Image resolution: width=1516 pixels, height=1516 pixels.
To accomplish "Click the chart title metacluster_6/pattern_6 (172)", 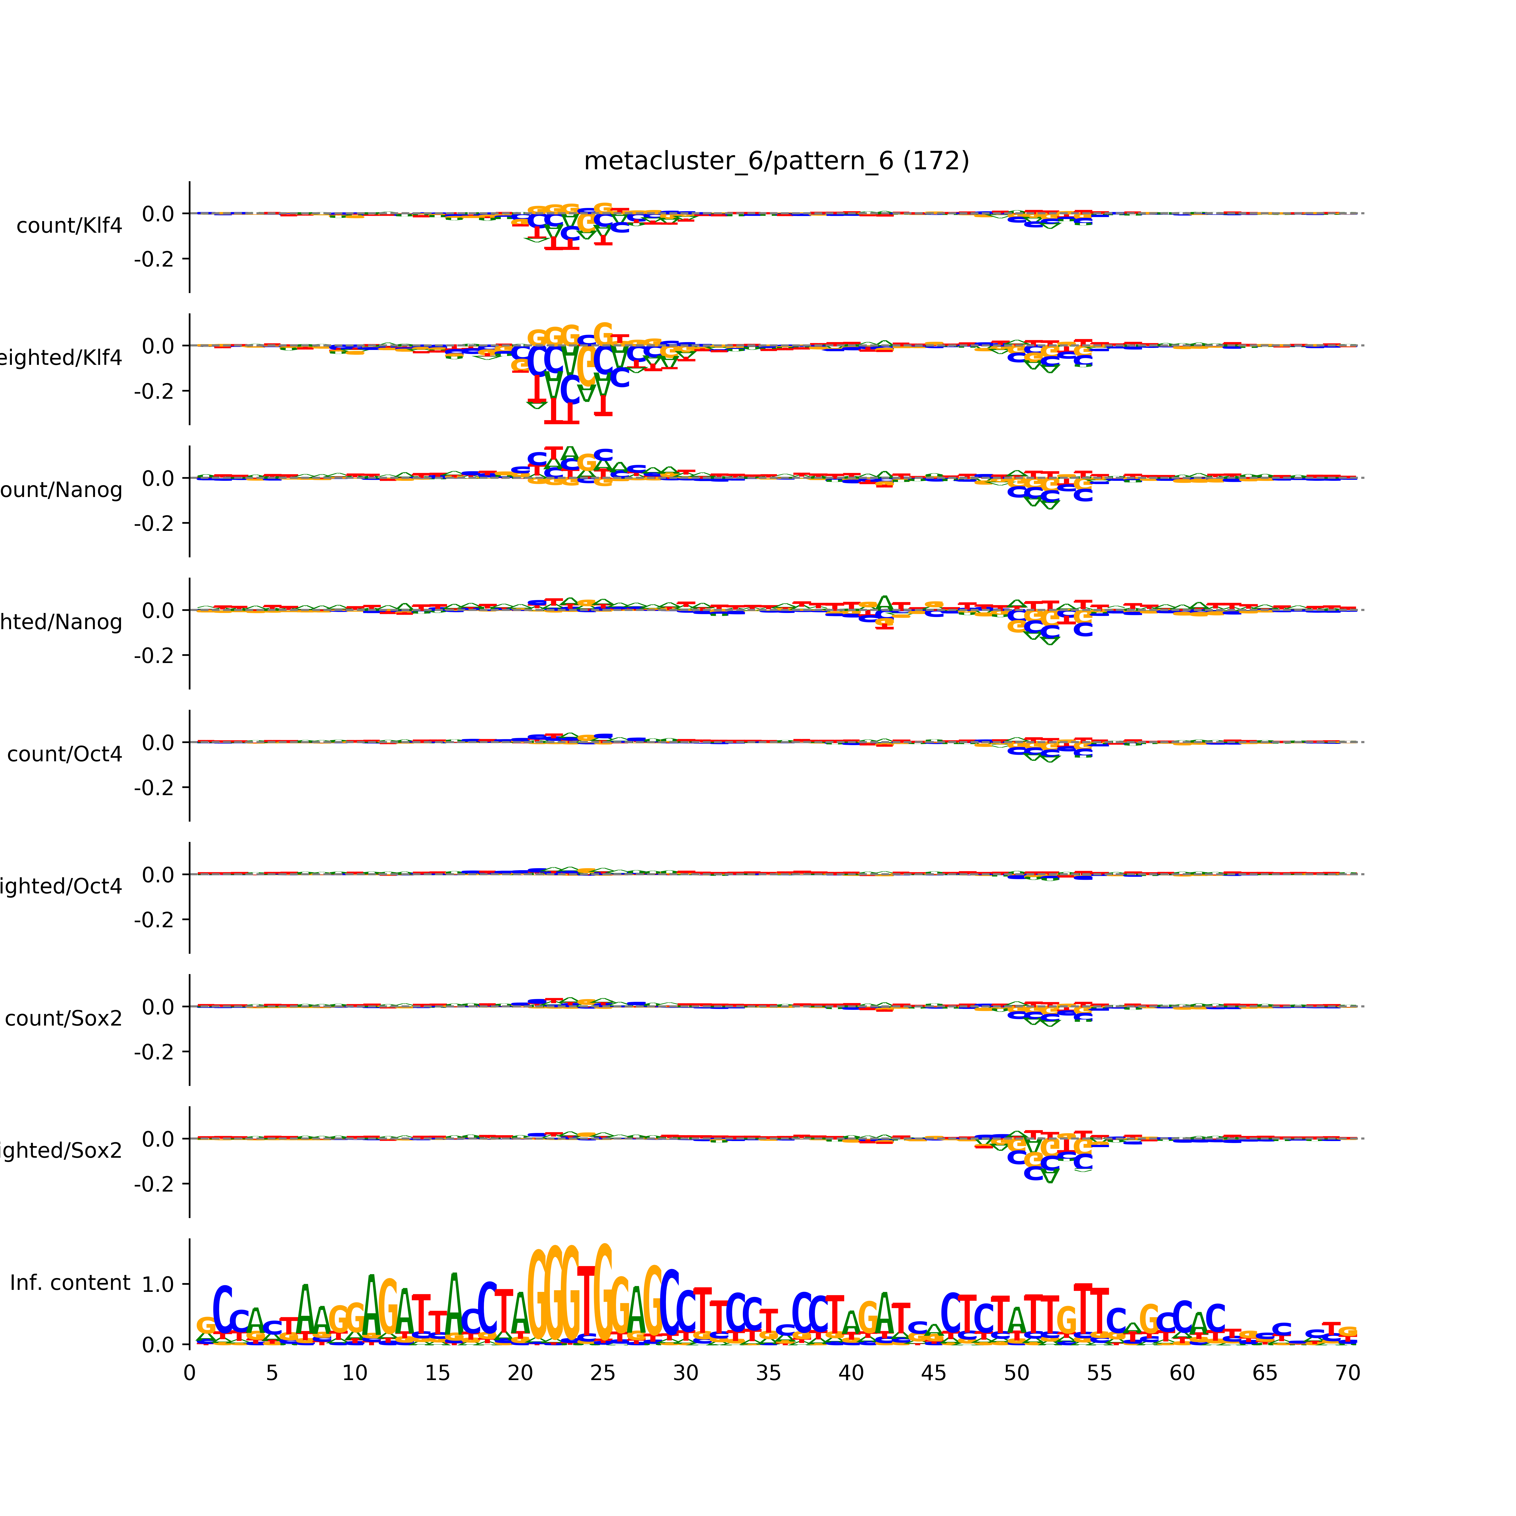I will pyautogui.click(x=776, y=161).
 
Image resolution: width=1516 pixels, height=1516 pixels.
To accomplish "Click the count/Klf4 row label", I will pyautogui.click(x=69, y=226).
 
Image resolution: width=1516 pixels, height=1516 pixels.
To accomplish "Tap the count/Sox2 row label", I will pyautogui.click(x=64, y=1018).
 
